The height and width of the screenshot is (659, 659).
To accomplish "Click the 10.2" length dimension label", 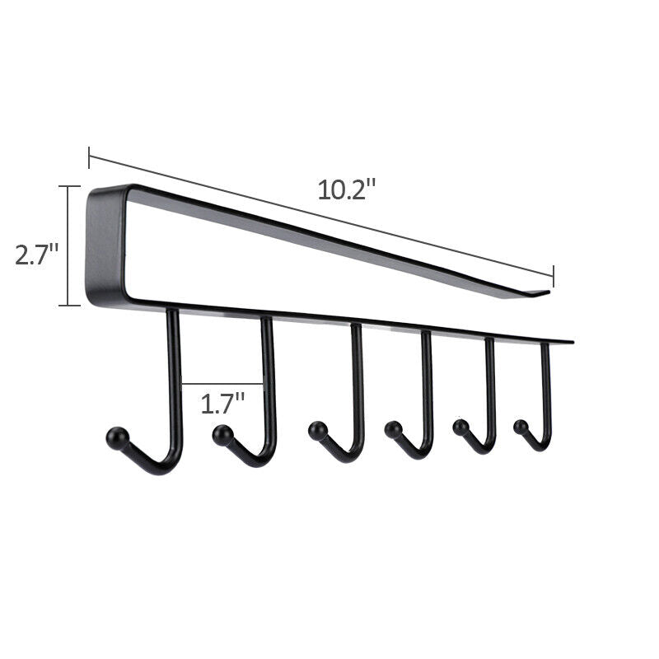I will (347, 189).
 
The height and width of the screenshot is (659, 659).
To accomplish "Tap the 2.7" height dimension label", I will (36, 254).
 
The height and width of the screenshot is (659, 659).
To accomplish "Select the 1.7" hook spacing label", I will (223, 404).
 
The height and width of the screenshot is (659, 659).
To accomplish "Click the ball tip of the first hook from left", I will (117, 437).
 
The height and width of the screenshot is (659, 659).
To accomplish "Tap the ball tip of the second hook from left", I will (222, 435).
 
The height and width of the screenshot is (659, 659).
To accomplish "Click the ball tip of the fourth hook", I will (394, 429).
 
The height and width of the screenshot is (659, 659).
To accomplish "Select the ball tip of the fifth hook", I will (460, 427).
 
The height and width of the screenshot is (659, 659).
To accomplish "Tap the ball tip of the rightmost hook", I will (521, 427).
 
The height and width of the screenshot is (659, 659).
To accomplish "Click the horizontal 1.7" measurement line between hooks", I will (222, 383).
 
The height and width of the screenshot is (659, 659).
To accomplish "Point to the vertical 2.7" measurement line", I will (69, 247).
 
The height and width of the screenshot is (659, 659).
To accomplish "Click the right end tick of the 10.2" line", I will (553, 275).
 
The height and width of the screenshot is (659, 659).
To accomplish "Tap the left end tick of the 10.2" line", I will (89, 157).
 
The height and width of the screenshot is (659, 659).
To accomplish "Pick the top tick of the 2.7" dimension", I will (69, 187).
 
